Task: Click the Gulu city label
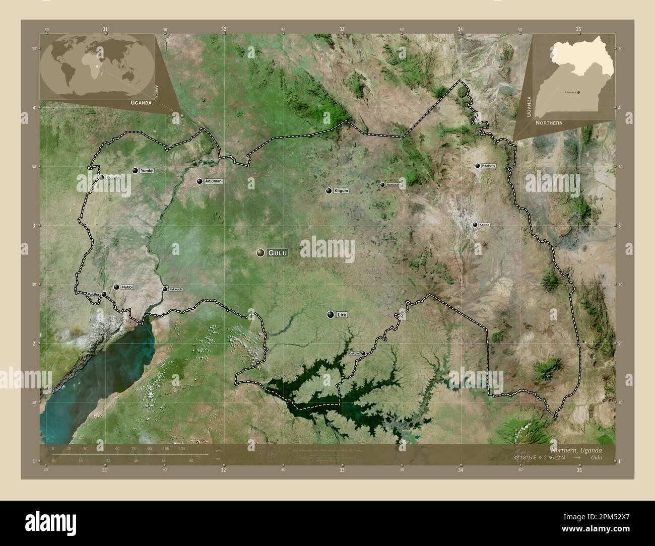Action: tap(278, 253)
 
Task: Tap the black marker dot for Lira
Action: tap(331, 315)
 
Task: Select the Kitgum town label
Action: tap(341, 191)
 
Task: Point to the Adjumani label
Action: tap(214, 181)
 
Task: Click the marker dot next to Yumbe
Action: tap(135, 171)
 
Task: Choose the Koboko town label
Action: tap(113, 177)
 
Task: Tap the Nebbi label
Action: tap(127, 287)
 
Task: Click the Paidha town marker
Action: tap(104, 295)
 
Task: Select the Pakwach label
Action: tap(176, 289)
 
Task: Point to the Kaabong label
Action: tap(489, 166)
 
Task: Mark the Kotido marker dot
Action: tap(475, 225)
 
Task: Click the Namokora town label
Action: tap(394, 185)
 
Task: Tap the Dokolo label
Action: tap(354, 354)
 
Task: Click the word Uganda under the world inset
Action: tap(141, 102)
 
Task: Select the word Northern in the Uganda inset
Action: tap(549, 123)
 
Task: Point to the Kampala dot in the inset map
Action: tap(578, 92)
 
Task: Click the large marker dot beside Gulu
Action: tap(260, 252)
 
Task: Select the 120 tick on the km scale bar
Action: tap(182, 449)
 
